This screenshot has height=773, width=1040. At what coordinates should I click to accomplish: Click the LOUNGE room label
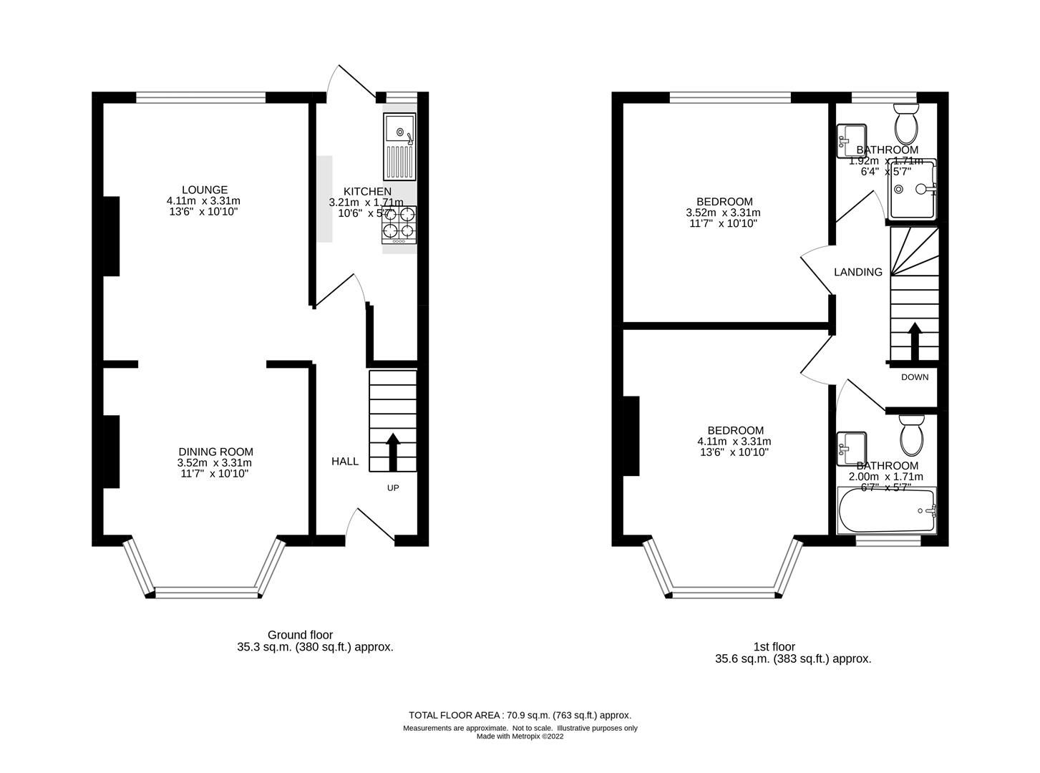click(x=204, y=190)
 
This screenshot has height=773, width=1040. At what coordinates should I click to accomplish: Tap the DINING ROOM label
click(x=215, y=452)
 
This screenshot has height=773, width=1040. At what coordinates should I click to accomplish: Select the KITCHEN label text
click(x=367, y=191)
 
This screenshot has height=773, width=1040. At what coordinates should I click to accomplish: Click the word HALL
click(x=344, y=462)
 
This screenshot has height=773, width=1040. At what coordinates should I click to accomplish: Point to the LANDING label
click(x=858, y=272)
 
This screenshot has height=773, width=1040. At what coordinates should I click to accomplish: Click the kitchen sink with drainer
click(x=399, y=146)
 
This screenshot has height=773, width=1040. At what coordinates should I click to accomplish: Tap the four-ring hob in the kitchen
click(x=399, y=222)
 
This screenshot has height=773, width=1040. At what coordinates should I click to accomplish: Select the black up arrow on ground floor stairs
click(x=392, y=451)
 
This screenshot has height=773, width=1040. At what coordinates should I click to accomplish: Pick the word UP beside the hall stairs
click(x=393, y=488)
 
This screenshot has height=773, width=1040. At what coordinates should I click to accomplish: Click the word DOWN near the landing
click(x=914, y=377)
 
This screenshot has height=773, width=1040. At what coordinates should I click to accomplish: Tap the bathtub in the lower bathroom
click(x=887, y=510)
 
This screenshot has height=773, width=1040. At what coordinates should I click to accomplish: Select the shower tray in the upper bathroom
click(x=912, y=190)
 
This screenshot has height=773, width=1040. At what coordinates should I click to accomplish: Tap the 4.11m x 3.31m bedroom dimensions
click(x=734, y=442)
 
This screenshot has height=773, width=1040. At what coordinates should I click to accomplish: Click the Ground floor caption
click(x=300, y=635)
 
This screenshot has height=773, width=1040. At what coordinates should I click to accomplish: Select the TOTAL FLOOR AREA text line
click(x=520, y=715)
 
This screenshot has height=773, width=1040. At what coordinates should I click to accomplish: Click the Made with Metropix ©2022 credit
click(x=520, y=736)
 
